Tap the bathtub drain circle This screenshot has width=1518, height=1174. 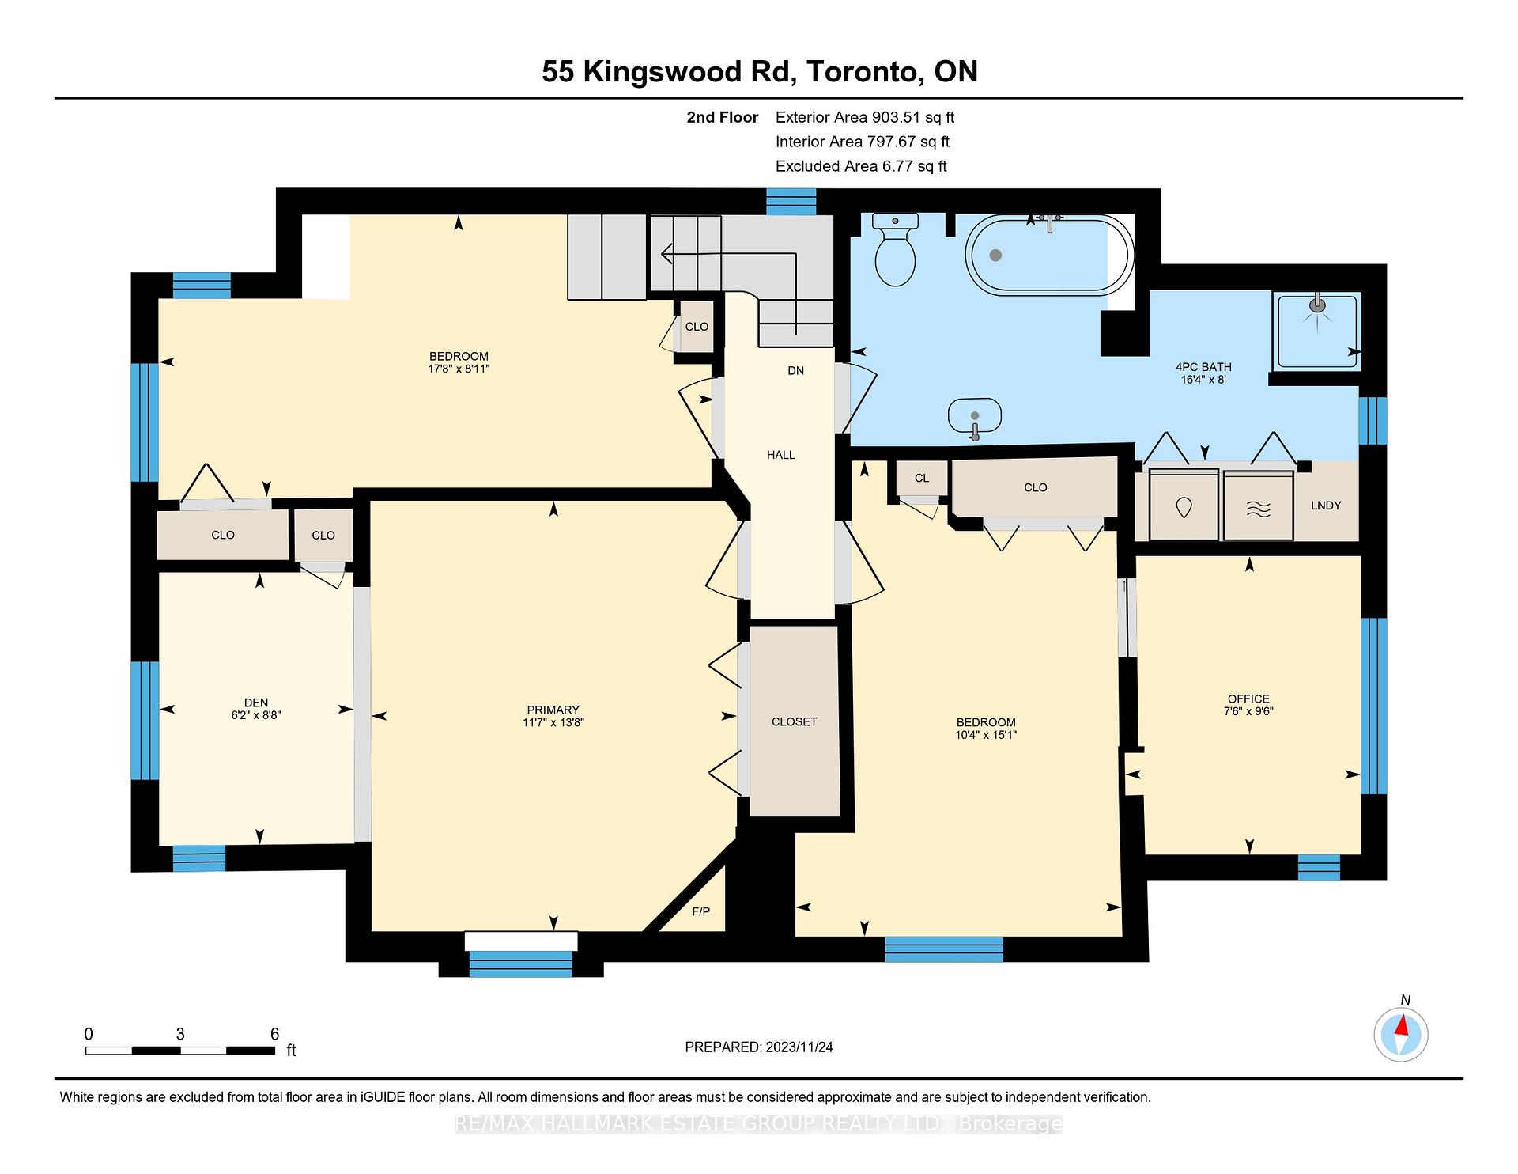click(996, 255)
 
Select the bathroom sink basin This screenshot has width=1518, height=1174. click(975, 415)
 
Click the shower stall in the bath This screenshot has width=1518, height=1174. click(1316, 331)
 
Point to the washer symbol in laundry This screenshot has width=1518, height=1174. click(1184, 507)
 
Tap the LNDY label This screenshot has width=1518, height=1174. click(1326, 506)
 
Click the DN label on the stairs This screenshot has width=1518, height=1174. click(795, 370)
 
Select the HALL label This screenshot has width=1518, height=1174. click(780, 455)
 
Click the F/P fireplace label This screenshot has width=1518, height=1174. click(700, 911)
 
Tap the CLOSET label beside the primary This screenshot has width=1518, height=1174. click(794, 721)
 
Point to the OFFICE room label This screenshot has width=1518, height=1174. click(1248, 699)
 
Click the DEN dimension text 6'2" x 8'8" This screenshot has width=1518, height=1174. click(256, 715)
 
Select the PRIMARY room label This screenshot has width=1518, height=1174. click(553, 710)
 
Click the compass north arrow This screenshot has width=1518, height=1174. click(1402, 1028)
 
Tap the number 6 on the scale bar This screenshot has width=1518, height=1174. click(274, 1034)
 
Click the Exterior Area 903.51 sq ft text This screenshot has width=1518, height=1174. click(864, 117)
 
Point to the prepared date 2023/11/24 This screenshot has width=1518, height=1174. click(799, 1047)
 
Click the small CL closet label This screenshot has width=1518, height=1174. click(921, 478)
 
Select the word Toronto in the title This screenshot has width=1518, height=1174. click(865, 72)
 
